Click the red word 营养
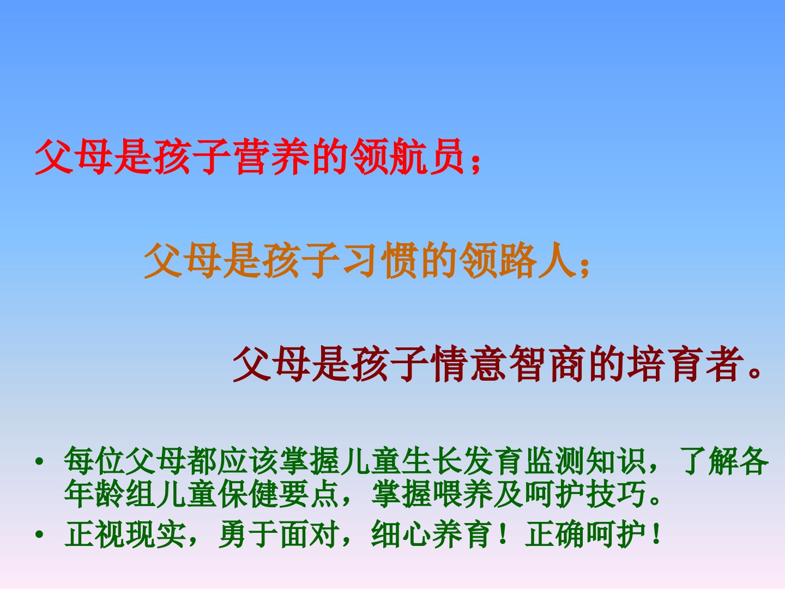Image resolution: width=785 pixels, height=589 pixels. coord(273,157)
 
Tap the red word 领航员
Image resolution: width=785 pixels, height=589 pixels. coord(407,157)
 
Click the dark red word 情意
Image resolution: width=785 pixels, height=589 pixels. coord(469,364)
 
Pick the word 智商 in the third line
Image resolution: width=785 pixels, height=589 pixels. coord(547,364)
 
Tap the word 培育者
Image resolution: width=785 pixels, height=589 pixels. coord(685,364)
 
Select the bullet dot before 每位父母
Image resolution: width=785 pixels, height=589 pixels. coord(39,461)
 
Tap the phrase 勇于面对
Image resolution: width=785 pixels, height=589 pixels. coord(279,534)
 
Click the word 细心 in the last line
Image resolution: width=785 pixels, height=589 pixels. coord(402,534)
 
